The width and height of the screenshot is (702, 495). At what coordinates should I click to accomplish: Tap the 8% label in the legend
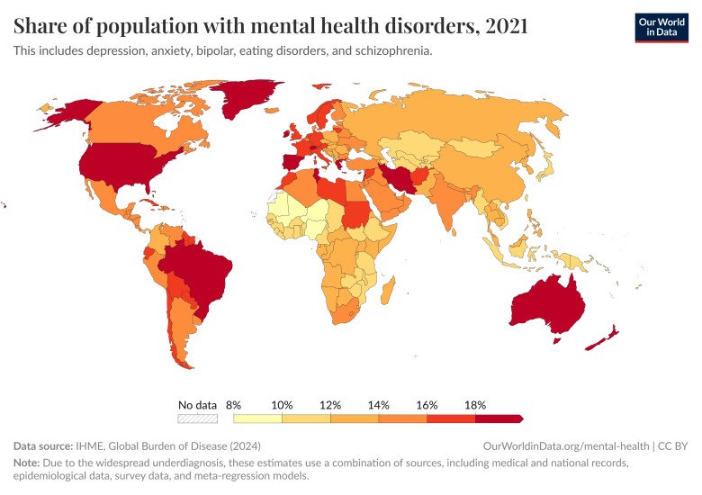point(234,405)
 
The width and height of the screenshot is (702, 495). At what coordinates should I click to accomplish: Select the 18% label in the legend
point(475,405)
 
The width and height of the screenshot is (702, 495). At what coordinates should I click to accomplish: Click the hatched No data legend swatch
point(198,418)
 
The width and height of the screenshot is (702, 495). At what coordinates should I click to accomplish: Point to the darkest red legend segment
point(498,418)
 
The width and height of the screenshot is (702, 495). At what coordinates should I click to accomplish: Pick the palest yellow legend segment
point(258,418)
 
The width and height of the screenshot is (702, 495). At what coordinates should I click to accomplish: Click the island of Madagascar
point(389,290)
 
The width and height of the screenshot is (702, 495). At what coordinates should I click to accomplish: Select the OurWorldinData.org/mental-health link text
point(565,445)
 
